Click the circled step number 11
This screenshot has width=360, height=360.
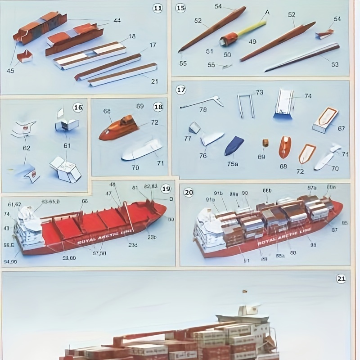tap(157, 8)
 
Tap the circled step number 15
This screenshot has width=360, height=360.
tap(180, 8)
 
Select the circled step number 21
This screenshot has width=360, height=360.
tap(341, 279)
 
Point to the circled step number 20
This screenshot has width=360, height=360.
tap(189, 192)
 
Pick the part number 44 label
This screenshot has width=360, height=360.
tap(117, 21)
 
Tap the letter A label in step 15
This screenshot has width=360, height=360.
tap(267, 12)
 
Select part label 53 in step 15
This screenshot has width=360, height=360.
tap(334, 64)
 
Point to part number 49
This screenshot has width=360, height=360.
tap(252, 42)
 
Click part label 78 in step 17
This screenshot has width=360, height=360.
tap(203, 110)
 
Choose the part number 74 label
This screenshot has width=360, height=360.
tap(307, 96)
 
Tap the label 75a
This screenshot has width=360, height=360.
tap(233, 164)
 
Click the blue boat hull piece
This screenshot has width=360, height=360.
tap(234, 146)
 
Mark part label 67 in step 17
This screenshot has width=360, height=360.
tap(341, 129)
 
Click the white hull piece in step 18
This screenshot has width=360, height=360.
tap(142, 150)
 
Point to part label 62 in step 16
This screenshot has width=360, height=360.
tap(27, 148)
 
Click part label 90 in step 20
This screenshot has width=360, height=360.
tap(245, 193)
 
